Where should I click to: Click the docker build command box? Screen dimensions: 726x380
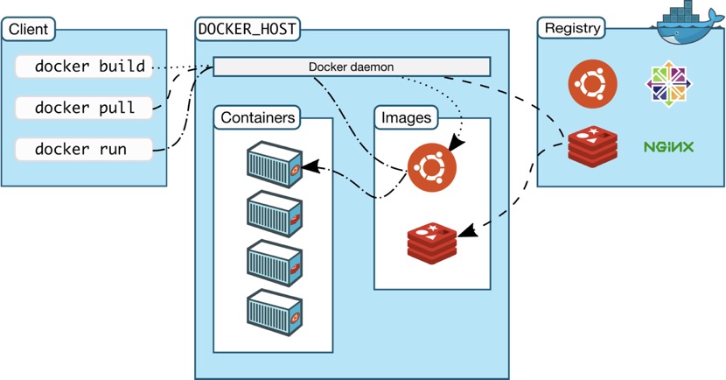84,67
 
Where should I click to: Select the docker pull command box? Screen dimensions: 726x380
84,108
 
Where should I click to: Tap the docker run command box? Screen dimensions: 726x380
84,149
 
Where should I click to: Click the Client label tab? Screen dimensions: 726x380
28,29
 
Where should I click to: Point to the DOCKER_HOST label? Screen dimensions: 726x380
248,29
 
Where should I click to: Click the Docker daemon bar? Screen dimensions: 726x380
352,67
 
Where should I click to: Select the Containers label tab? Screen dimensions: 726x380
257,117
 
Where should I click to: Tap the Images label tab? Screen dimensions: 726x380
406,117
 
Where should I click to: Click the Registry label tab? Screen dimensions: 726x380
572,28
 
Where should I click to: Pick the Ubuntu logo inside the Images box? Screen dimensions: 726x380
432,167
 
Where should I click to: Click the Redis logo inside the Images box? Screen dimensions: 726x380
432,243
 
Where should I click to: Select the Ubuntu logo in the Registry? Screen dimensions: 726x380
593,84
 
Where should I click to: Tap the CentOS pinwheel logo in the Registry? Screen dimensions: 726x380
668,84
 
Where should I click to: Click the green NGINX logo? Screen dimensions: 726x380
668,147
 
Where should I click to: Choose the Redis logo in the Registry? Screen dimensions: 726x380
593,146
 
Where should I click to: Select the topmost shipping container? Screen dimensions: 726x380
275,164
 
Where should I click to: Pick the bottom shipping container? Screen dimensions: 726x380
275,313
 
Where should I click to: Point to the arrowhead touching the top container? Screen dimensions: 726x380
311,167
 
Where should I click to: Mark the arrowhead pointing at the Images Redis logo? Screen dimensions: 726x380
469,230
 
